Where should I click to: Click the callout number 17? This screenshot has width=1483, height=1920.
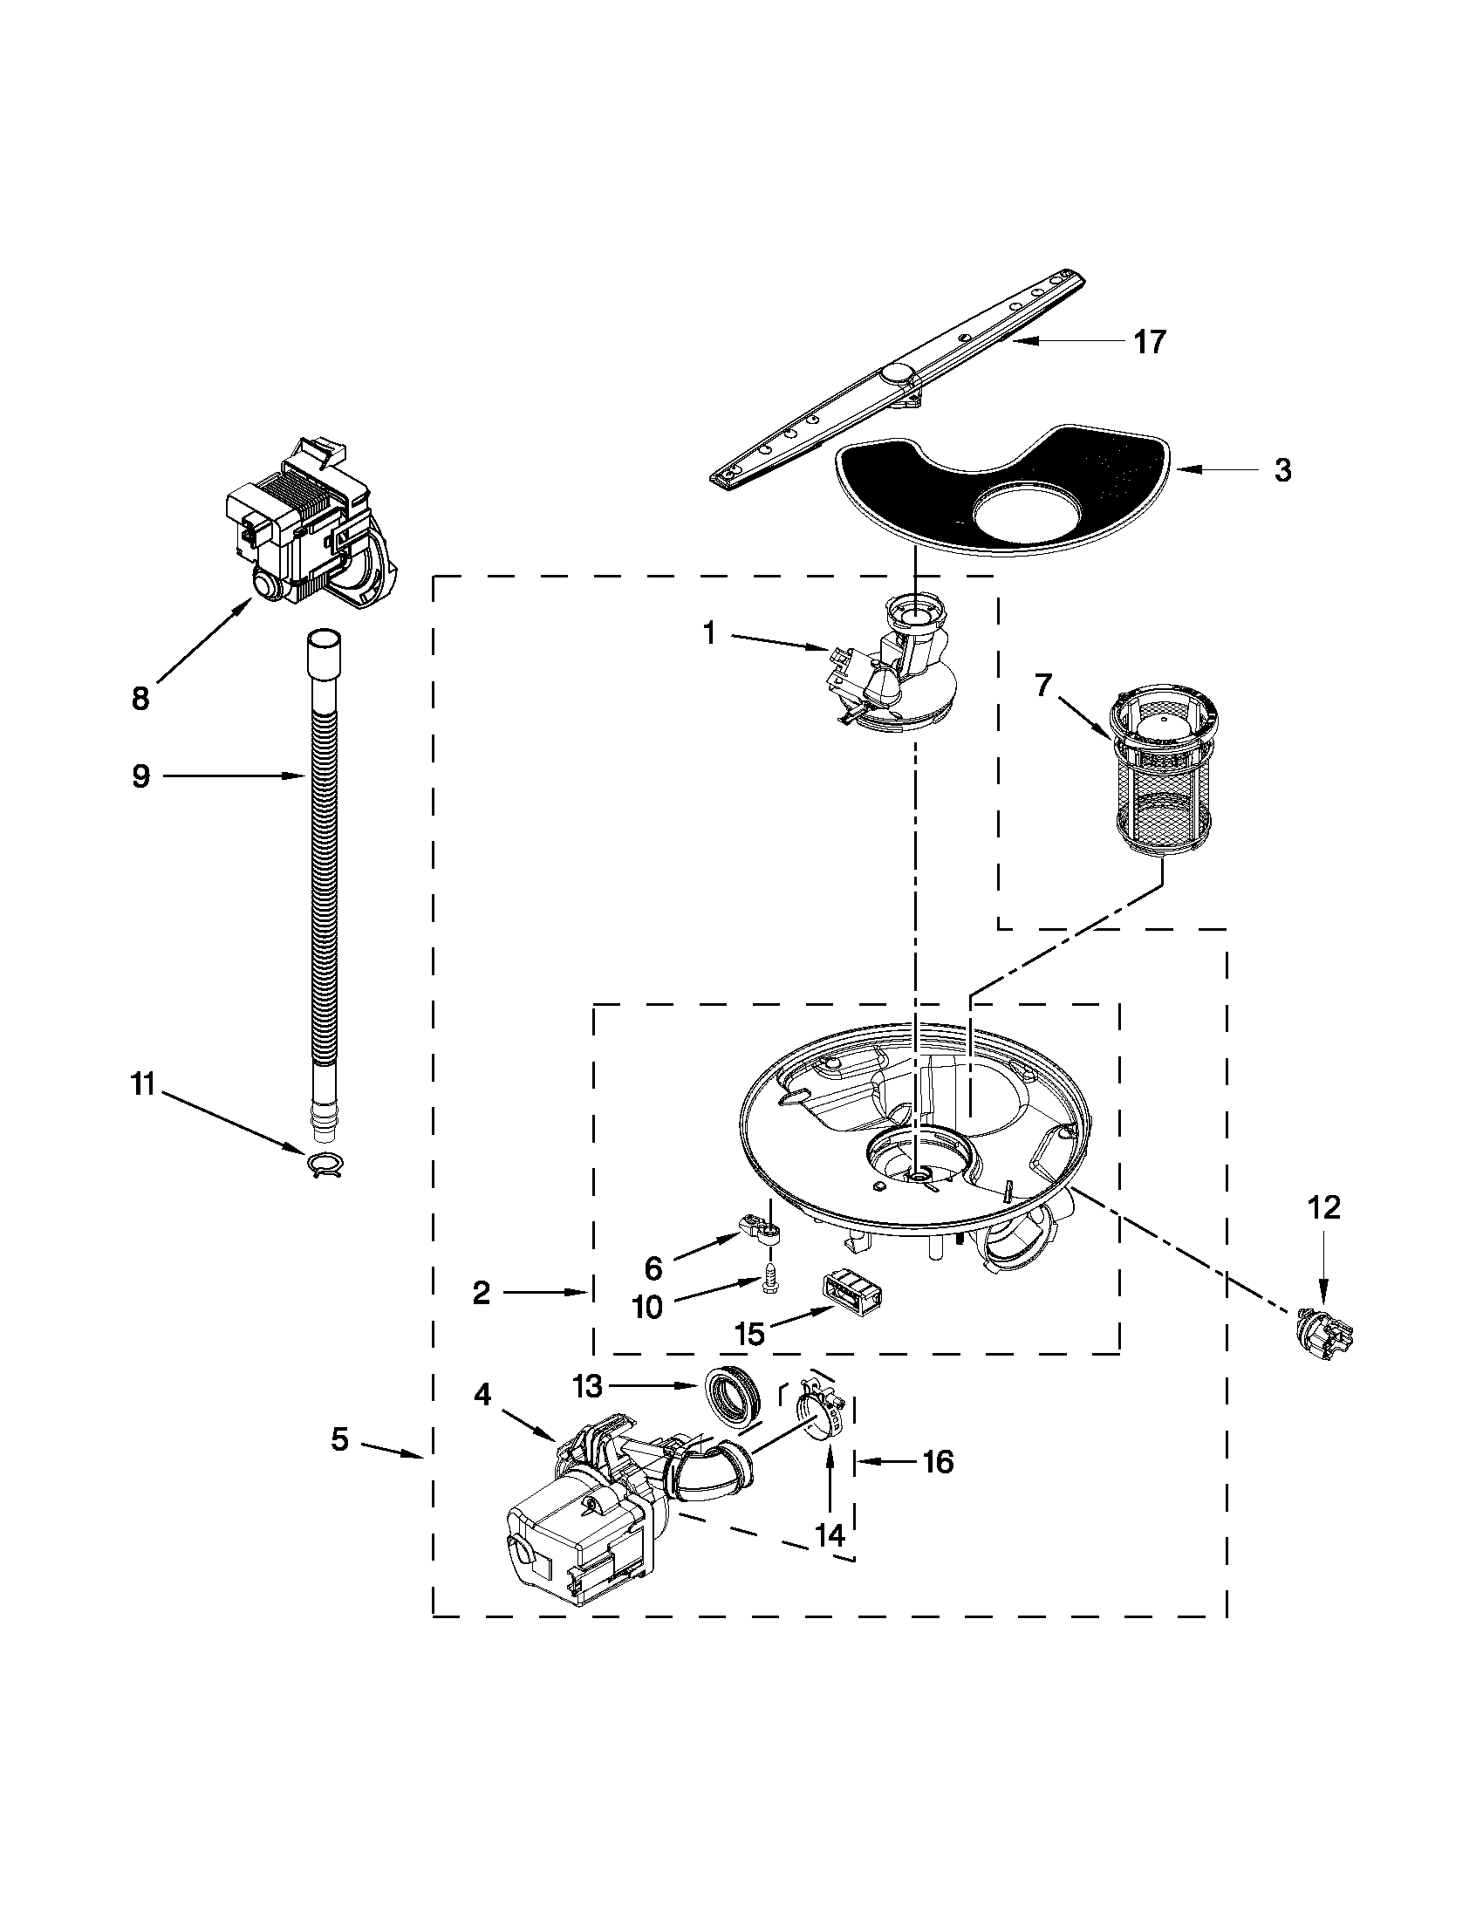click(1149, 341)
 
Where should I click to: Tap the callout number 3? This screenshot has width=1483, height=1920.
click(1282, 470)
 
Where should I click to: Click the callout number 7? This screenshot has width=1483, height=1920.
click(1042, 684)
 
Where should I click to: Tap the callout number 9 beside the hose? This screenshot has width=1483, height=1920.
click(140, 776)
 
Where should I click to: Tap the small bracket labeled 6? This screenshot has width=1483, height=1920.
click(761, 1230)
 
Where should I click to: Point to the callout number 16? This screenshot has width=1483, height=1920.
click(938, 1462)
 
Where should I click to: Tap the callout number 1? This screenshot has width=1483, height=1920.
click(709, 634)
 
